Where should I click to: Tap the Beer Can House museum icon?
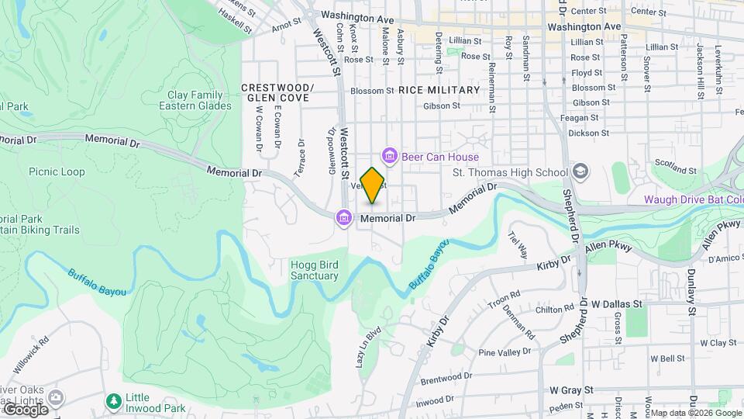click(390, 158)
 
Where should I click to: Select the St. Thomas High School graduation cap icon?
click(580, 171)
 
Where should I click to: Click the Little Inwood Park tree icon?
click(114, 401)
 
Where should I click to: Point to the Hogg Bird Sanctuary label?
click(315, 270)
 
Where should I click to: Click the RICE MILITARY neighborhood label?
click(439, 90)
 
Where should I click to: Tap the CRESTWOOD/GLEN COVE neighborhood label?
click(277, 92)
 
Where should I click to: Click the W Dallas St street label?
click(618, 304)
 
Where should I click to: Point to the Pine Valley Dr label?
click(505, 352)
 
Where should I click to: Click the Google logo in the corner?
click(25, 409)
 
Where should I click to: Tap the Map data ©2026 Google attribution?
click(695, 413)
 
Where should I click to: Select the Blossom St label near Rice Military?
click(372, 91)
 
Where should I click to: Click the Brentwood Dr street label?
click(446, 379)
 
